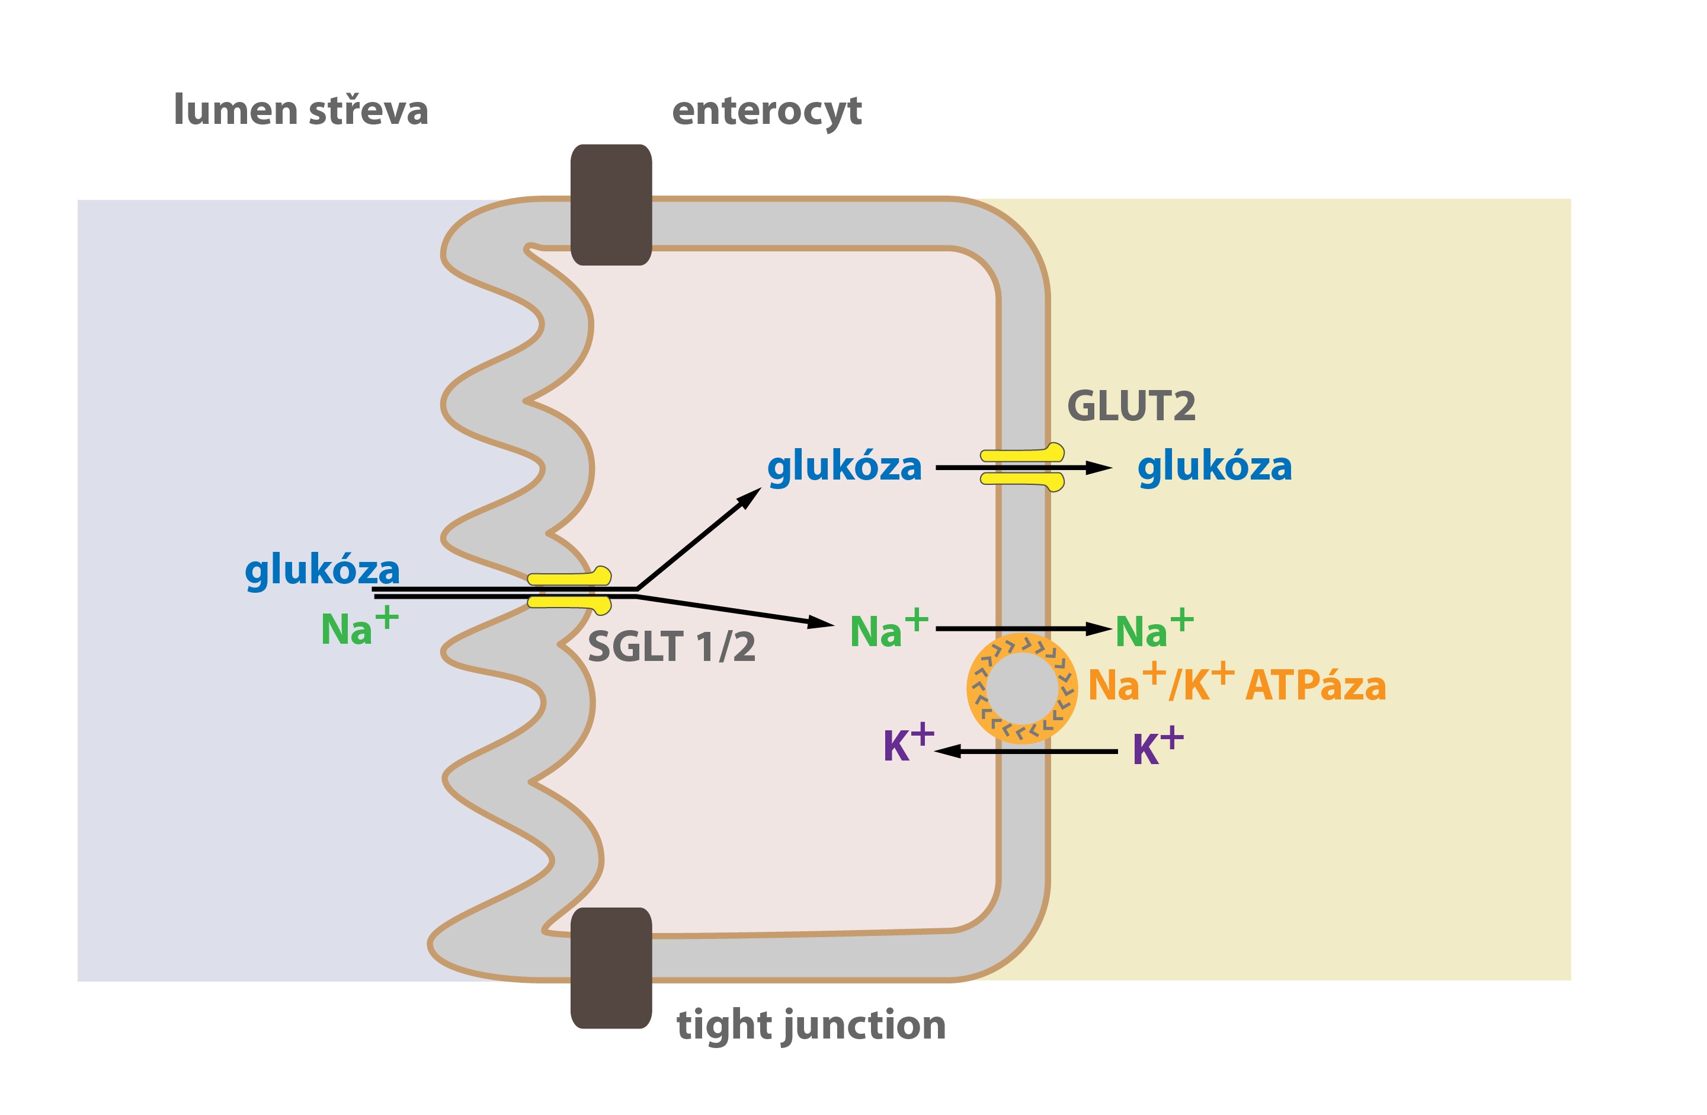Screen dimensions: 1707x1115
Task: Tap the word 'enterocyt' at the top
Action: [767, 113]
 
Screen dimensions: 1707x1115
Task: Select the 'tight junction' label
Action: [811, 1027]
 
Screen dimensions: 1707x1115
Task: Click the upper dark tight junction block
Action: [611, 205]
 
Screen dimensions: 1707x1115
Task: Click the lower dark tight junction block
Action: [611, 969]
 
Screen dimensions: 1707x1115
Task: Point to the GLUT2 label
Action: [1131, 407]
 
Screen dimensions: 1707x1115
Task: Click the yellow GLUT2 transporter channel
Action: [1022, 467]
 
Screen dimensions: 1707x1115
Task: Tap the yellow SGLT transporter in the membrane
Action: [569, 591]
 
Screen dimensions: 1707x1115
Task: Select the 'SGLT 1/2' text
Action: [671, 647]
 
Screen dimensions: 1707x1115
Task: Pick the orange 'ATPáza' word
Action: [1315, 686]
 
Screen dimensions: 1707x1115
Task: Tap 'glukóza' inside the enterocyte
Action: [844, 468]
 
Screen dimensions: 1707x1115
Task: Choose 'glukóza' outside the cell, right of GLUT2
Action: [1214, 468]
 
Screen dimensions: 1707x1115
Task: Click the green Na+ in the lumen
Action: [359, 627]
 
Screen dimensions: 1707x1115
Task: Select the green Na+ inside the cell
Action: [889, 628]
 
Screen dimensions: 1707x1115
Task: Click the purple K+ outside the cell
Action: [1158, 747]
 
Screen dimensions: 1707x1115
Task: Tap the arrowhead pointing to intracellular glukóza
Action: [750, 497]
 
